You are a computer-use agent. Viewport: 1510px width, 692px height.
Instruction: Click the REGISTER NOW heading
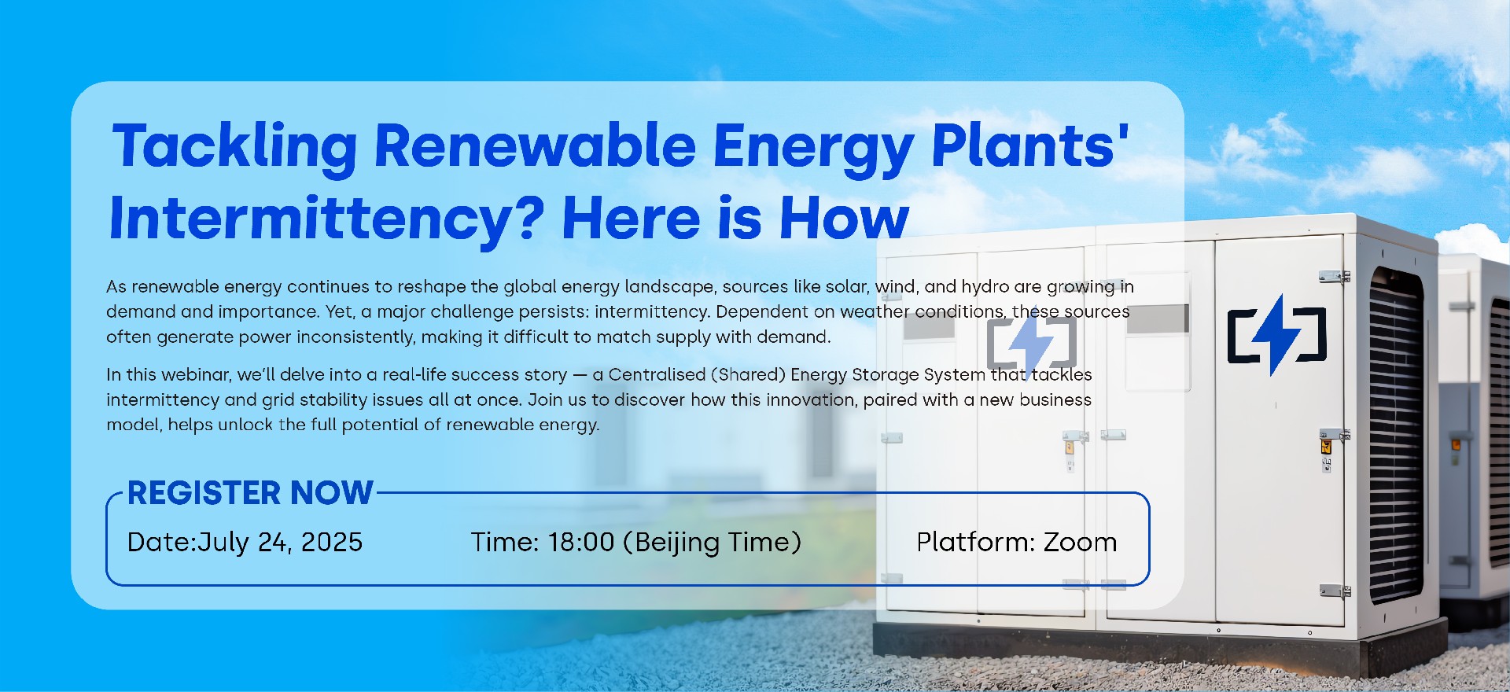pyautogui.click(x=250, y=493)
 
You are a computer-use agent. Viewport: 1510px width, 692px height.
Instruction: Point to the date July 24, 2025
pyautogui.click(x=280, y=543)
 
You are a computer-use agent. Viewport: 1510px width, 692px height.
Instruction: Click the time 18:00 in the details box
pyautogui.click(x=581, y=542)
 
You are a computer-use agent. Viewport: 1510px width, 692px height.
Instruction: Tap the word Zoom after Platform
pyautogui.click(x=1080, y=542)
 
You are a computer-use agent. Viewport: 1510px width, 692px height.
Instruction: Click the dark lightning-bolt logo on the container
pyautogui.click(x=1277, y=335)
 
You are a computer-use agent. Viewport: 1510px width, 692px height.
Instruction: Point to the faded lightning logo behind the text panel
pyautogui.click(x=1032, y=342)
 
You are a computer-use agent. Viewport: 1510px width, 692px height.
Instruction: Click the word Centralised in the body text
pyautogui.click(x=657, y=374)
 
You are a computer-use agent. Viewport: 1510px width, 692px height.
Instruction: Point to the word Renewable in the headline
pyautogui.click(x=535, y=147)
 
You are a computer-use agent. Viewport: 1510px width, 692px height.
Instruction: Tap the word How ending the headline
pyautogui.click(x=844, y=218)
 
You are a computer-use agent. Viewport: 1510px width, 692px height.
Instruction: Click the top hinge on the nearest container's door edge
pyautogui.click(x=1335, y=277)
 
